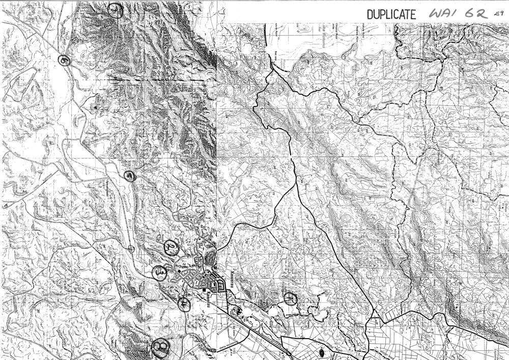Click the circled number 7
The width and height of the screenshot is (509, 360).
116,10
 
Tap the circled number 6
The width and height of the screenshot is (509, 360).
64,60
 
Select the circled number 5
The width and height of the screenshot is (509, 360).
131,176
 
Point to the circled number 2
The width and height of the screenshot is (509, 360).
171,247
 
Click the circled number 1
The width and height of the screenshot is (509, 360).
290,298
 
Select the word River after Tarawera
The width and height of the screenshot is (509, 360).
129,207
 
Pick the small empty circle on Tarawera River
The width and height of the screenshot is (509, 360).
131,248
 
